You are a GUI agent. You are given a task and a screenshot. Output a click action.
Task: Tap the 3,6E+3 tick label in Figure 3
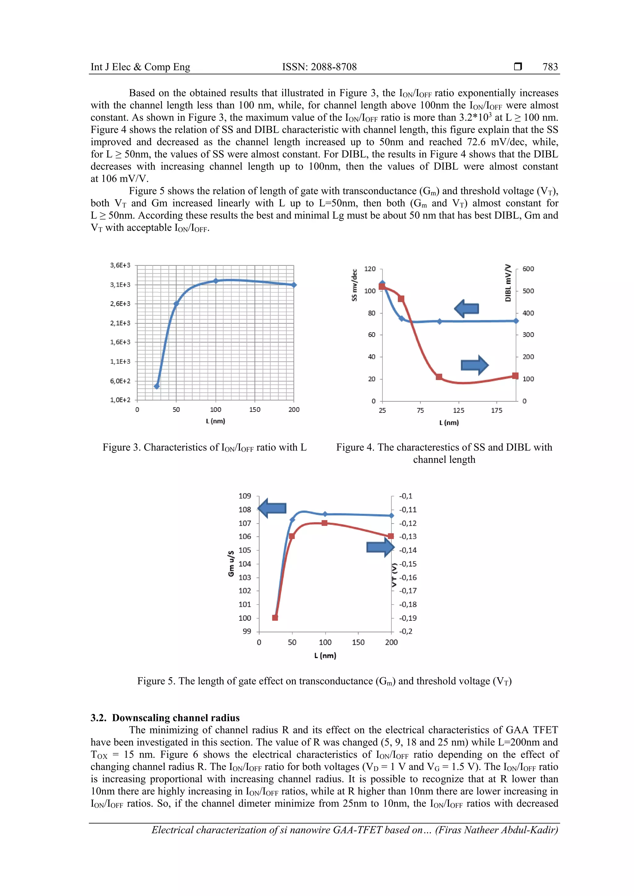click(120, 265)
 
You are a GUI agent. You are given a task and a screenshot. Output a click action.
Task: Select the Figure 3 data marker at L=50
click(176, 304)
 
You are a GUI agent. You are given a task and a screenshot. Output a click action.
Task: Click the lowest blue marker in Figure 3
click(157, 386)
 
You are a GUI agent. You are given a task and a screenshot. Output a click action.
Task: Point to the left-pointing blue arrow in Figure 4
click(467, 308)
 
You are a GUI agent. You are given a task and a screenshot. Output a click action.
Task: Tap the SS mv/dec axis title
click(354, 285)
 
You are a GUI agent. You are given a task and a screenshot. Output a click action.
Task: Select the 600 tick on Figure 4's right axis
click(528, 269)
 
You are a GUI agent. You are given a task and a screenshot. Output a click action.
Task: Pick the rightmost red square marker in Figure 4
click(515, 376)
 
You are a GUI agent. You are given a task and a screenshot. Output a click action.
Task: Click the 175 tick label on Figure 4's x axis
click(497, 411)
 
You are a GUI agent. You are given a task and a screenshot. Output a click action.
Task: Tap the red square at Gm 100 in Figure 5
click(275, 617)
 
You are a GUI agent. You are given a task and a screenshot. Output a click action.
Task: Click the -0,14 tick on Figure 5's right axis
click(408, 550)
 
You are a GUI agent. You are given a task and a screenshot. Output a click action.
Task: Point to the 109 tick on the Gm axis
click(245, 496)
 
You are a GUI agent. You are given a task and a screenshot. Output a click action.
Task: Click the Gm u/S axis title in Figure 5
click(231, 563)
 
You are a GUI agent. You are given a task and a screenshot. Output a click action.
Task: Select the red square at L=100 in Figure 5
click(324, 523)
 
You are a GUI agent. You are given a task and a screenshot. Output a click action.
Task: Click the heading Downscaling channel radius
click(176, 718)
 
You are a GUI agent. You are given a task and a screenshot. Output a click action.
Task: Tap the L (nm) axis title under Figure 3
click(215, 421)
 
